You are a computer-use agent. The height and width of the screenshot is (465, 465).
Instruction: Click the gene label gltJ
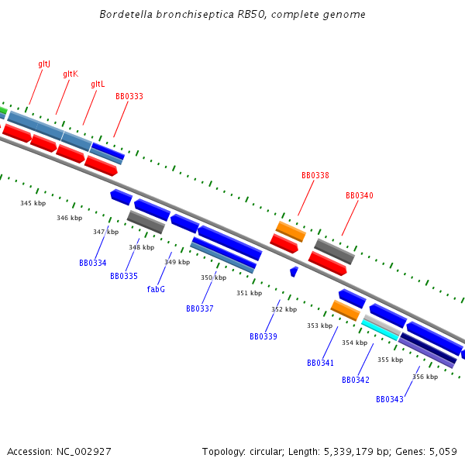[44, 64]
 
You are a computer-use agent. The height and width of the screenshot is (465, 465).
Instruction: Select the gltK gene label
[71, 74]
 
